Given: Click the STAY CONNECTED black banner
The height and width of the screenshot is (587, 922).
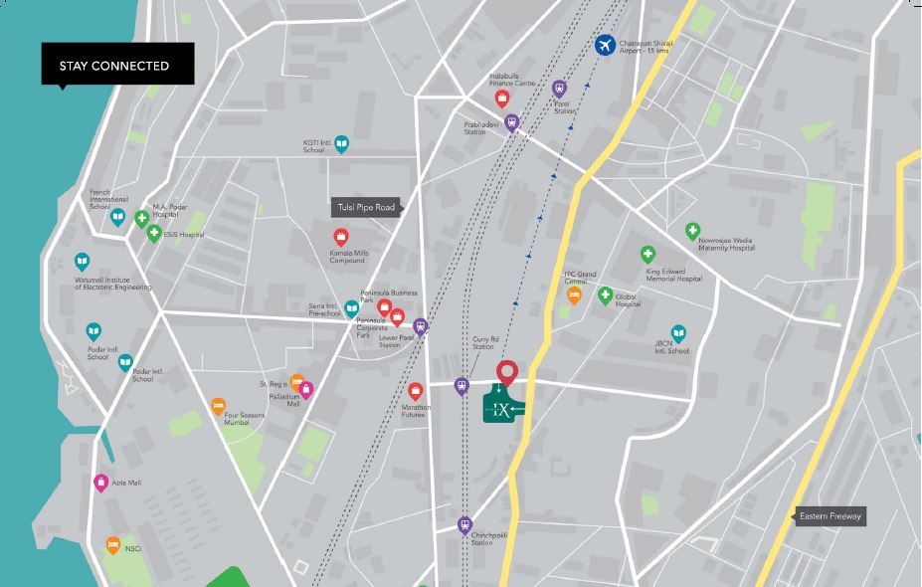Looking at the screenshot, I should [x=116, y=66].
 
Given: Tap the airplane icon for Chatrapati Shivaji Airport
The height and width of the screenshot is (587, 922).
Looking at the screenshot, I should [x=605, y=45].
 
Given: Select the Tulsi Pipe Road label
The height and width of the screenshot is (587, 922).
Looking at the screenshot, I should [x=365, y=208].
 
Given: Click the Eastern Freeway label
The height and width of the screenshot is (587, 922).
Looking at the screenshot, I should [x=830, y=516].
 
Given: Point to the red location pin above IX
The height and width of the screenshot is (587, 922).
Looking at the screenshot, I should [x=507, y=373].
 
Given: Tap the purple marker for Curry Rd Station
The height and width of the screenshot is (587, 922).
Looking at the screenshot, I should [x=461, y=385].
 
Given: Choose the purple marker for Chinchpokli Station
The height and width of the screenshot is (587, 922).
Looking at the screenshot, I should [x=464, y=524].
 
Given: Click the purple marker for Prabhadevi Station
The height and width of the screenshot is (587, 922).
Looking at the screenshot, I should [x=512, y=122].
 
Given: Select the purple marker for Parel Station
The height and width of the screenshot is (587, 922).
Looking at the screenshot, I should [x=559, y=88].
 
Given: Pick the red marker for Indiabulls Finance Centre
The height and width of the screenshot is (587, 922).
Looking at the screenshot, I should [x=503, y=98].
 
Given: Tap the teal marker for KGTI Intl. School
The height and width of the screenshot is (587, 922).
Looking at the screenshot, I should [x=341, y=144].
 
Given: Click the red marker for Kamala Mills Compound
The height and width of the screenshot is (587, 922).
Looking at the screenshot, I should [x=340, y=237].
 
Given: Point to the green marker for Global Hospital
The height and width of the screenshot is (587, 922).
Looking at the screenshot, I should [x=605, y=294].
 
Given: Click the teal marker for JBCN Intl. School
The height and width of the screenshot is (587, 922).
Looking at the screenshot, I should [x=678, y=333].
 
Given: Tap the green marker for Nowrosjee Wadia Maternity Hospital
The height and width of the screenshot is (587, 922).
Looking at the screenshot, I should [x=692, y=231].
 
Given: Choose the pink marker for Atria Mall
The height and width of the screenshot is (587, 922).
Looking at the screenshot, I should [x=100, y=483].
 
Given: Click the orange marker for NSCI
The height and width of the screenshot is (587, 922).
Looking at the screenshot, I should [x=112, y=545].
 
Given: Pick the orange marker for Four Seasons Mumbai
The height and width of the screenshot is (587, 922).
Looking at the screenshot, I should [x=218, y=405].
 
